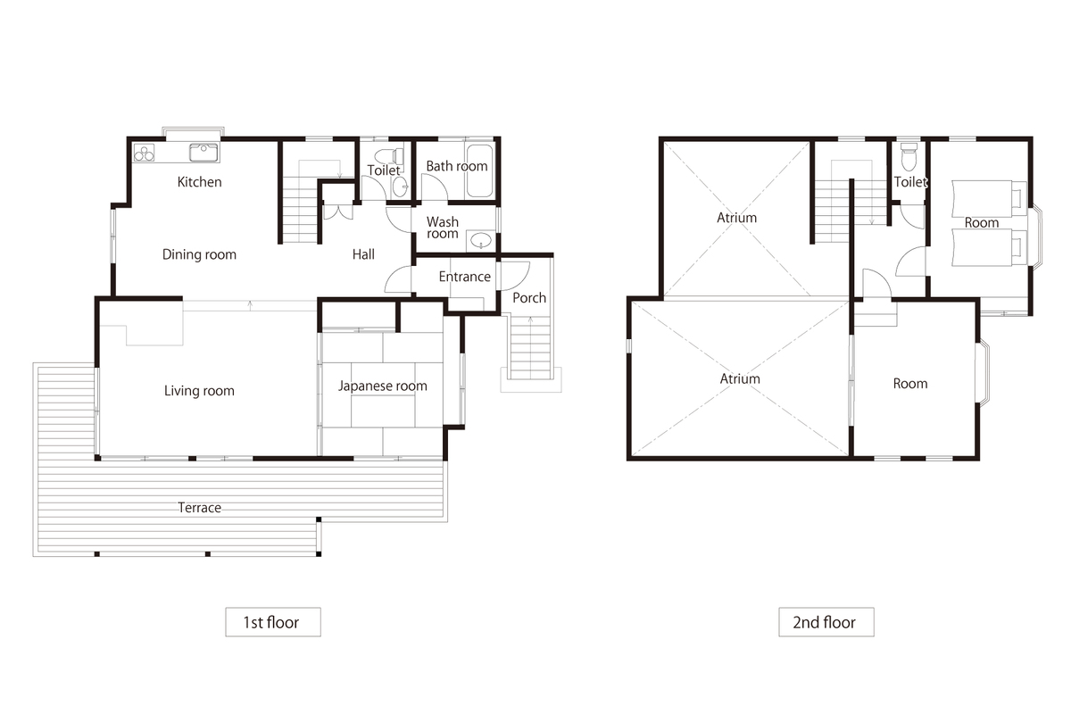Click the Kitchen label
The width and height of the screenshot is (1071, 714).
199,182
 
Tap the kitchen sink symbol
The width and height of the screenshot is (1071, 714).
203,153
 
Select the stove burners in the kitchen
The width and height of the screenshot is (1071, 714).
144,153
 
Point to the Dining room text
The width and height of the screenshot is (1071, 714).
199,254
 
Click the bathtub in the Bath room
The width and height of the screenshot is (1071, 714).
479,170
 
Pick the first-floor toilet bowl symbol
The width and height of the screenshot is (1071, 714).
389,156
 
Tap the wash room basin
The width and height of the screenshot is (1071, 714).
480,240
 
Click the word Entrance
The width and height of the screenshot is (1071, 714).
465,277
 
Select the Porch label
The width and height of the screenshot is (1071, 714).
529,298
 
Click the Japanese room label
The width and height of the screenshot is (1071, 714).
383,386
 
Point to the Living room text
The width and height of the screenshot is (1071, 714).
199,391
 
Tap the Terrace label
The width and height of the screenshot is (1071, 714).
199,508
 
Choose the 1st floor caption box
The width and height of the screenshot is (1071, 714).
273,622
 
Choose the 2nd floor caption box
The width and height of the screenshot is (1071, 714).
826,622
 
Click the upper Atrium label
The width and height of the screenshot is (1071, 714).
737,218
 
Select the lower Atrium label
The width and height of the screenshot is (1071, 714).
740,378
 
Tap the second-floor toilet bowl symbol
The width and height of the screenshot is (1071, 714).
909,156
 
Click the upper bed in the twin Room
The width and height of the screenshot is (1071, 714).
989,198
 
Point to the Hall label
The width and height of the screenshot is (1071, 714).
363,254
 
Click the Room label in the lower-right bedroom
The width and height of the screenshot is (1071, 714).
910,384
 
